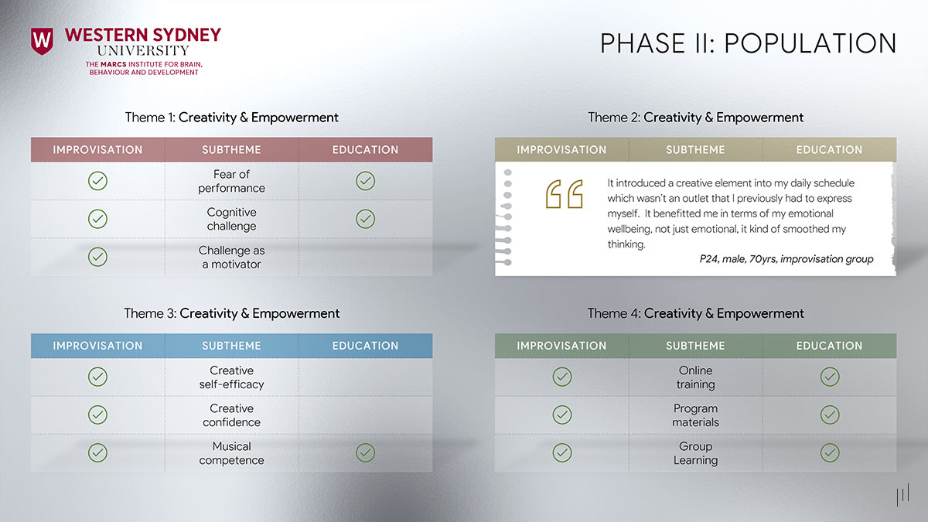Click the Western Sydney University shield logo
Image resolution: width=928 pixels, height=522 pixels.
pos(42,41)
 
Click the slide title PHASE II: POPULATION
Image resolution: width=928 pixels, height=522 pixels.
pos(748,43)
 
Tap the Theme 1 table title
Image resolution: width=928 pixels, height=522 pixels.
pos(232,118)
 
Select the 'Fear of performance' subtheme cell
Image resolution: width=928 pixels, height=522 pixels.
pos(231,181)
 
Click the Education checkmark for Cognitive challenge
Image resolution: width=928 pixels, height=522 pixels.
pos(366,219)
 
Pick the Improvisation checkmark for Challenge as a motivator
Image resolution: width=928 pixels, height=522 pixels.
pos(97,257)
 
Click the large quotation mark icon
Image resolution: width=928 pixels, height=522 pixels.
pos(565,194)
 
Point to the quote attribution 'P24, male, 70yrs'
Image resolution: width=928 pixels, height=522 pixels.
pos(786,259)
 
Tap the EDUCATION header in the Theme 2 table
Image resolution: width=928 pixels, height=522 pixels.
pos(829,150)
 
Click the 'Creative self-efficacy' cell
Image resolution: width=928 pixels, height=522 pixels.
pos(231,377)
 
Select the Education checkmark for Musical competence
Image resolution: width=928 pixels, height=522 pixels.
pos(366,453)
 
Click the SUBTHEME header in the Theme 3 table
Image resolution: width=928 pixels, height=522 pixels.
pos(231,346)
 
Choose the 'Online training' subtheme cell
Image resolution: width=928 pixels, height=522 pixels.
pos(695,377)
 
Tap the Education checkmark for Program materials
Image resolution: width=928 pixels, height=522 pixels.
pos(830,415)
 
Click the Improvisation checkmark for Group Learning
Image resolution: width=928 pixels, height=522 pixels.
pos(562,453)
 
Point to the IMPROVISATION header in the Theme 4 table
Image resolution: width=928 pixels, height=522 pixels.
pos(561,346)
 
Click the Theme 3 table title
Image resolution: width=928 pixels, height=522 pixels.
pos(232,313)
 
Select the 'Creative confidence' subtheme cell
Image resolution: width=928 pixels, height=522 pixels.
pos(231,415)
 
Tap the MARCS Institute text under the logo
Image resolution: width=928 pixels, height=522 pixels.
pos(144,68)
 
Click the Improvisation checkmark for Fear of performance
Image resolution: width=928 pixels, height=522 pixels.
pos(97,181)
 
